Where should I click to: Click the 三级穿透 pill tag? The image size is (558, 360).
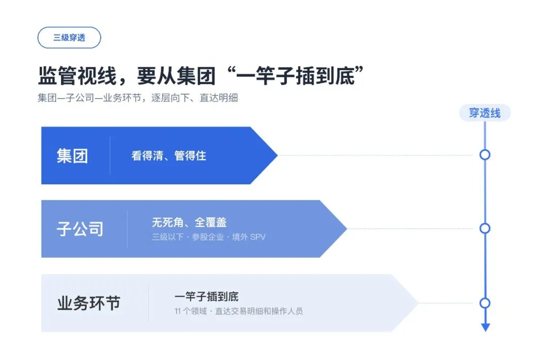pos(69,37)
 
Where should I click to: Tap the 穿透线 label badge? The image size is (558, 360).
pos(485,113)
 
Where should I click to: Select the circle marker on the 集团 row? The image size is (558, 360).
pos(485,155)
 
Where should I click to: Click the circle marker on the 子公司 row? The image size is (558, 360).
pos(485,228)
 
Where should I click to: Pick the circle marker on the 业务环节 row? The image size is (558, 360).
pos(485,303)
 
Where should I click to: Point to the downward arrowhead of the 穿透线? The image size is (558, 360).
pos(485,327)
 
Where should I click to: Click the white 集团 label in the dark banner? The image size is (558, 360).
pos(72,156)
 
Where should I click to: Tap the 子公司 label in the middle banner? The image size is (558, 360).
pos(80,229)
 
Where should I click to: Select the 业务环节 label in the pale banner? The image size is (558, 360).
pos(89,303)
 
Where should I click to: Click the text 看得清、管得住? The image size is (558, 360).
pos(168,155)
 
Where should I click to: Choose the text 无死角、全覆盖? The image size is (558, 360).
pos(189,222)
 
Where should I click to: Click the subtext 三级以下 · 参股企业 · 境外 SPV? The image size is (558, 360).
pos(209,237)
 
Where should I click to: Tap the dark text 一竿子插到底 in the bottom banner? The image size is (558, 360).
pos(206,296)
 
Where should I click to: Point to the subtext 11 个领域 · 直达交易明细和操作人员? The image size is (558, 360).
pos(238,311)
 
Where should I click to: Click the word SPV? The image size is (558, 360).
pos(258,237)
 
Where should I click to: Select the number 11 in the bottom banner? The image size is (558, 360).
pos(178,311)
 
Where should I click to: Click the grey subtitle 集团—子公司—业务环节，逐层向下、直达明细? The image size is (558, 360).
pos(138,98)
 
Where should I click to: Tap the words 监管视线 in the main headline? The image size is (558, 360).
pos(77,76)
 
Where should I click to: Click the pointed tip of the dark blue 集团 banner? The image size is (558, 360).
pos(277,155)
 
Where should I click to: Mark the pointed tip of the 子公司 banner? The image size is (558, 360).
pos(347,228)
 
